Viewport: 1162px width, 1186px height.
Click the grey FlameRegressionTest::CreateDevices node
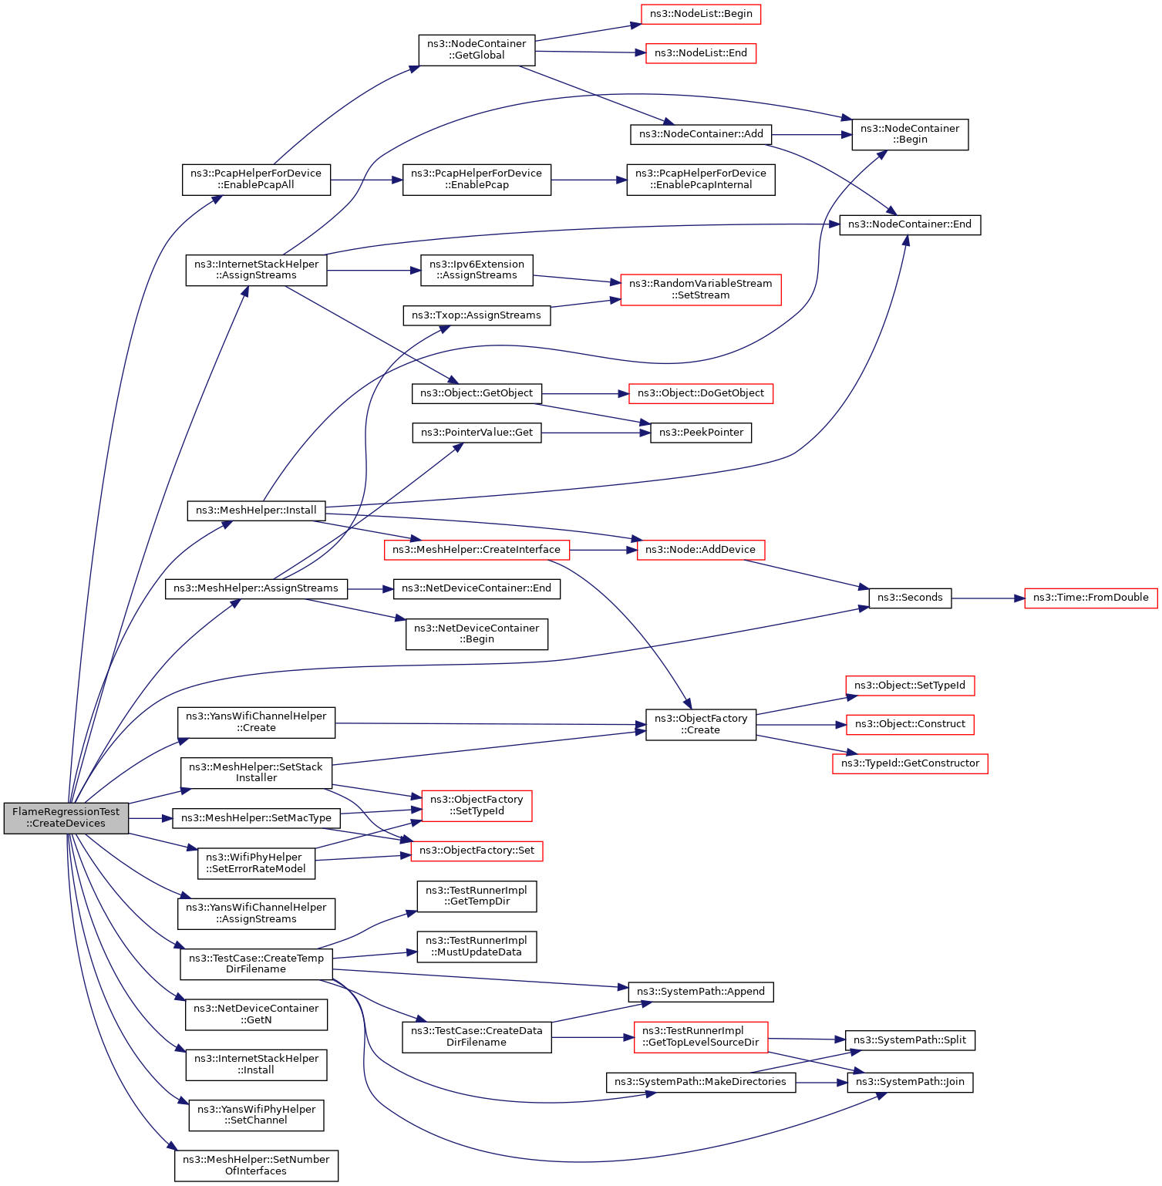66,817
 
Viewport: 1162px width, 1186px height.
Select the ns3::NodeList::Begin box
701,14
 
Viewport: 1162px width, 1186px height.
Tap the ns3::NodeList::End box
701,53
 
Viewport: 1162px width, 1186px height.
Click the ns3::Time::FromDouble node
1090,598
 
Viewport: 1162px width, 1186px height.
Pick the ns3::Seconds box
910,598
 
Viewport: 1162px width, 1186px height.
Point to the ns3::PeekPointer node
701,433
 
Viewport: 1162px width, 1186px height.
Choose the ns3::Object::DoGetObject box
701,393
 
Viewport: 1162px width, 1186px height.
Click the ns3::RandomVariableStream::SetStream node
701,289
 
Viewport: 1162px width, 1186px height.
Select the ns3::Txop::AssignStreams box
477,315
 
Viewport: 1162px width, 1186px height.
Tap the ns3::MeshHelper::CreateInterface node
477,550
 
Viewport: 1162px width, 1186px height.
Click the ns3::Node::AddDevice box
701,550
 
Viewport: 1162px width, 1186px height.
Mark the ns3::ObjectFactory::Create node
701,725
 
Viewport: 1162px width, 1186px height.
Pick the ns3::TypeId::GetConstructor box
910,764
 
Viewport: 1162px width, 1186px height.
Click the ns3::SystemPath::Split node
910,1040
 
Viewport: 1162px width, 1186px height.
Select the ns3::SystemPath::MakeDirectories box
701,1082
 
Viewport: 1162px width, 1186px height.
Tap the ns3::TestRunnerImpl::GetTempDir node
477,896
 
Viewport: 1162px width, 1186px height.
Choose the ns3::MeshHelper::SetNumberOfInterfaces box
256,1165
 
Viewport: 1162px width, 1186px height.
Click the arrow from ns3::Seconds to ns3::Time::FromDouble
988,598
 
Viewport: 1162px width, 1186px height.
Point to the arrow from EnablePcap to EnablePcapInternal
589,180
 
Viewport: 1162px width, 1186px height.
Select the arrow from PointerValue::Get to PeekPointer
596,433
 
